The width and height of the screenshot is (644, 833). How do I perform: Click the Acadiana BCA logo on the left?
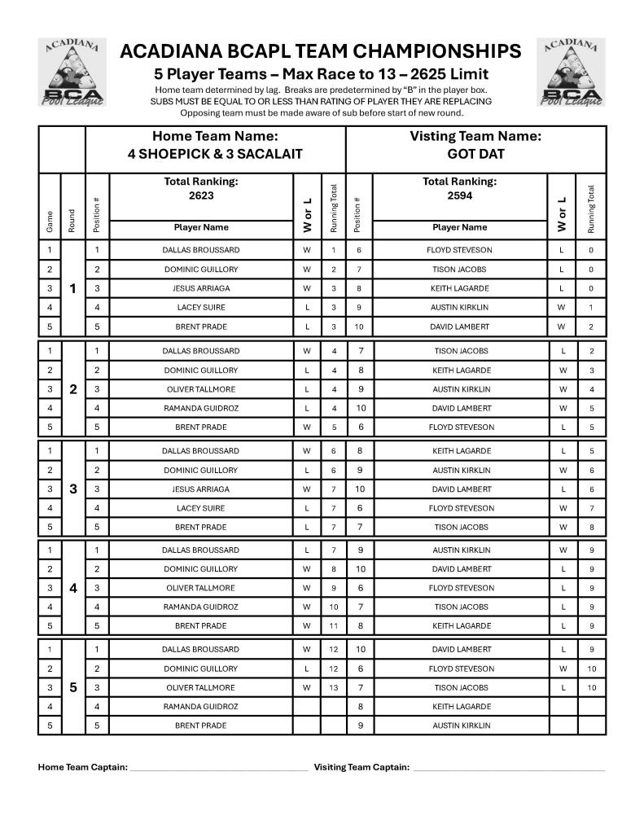[72, 72]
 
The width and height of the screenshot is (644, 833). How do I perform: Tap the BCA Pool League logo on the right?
[571, 72]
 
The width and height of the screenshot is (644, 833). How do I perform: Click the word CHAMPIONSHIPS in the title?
[436, 51]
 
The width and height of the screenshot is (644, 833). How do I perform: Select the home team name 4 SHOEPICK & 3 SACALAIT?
[215, 154]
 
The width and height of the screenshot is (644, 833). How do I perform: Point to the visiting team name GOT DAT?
[475, 154]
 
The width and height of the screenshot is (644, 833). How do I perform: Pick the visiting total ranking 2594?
[459, 195]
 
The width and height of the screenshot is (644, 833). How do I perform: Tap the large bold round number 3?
[73, 489]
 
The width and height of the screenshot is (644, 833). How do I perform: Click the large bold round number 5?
[73, 687]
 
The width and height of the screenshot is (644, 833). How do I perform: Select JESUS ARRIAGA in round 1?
[201, 288]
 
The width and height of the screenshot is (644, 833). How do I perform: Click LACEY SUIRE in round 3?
[201, 508]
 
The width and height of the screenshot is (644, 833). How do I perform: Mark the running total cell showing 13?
[333, 688]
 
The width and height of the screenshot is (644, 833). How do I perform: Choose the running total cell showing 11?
[333, 626]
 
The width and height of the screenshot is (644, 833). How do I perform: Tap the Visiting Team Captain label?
[361, 767]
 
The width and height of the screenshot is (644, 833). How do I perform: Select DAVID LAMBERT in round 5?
[461, 650]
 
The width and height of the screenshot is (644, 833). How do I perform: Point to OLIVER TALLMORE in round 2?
[201, 389]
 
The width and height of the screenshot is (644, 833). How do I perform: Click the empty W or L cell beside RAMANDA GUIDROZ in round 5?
[307, 707]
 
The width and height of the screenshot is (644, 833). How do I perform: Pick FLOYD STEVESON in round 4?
[461, 588]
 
